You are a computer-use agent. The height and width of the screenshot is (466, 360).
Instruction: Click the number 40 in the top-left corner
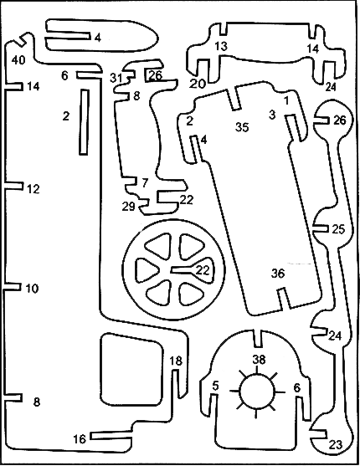point(18,60)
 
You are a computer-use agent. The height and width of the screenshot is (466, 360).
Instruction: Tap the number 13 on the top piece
point(221,46)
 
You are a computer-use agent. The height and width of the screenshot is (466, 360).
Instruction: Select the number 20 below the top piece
point(198,84)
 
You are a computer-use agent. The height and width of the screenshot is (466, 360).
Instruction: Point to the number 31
point(116,78)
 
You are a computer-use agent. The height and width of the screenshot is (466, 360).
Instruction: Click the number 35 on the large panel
point(242,127)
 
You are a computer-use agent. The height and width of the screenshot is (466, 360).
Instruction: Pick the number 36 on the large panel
point(278,274)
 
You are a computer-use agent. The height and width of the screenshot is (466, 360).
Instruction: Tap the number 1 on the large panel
point(286,101)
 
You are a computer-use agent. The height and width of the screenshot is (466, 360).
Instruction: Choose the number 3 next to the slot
point(272,115)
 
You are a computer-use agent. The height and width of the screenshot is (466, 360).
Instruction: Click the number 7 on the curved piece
point(145,182)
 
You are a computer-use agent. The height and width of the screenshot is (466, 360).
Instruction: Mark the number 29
point(129,206)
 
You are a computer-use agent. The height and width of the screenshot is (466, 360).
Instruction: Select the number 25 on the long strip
point(338,229)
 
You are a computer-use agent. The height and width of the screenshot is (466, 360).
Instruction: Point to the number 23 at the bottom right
point(336,445)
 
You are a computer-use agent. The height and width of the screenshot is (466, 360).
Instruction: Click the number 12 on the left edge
point(33,189)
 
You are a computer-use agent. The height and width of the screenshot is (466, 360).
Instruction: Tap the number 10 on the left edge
point(32,289)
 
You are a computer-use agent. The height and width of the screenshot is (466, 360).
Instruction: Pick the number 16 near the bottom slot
point(80,439)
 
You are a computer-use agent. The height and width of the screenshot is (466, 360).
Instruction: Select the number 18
point(176,361)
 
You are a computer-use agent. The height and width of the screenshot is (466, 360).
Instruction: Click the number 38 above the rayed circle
point(259,360)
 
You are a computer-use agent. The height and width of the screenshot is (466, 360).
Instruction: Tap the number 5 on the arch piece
point(215,386)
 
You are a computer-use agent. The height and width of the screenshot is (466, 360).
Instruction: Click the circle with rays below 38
point(256,391)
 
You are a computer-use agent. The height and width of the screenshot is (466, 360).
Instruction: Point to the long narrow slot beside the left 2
point(84,122)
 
